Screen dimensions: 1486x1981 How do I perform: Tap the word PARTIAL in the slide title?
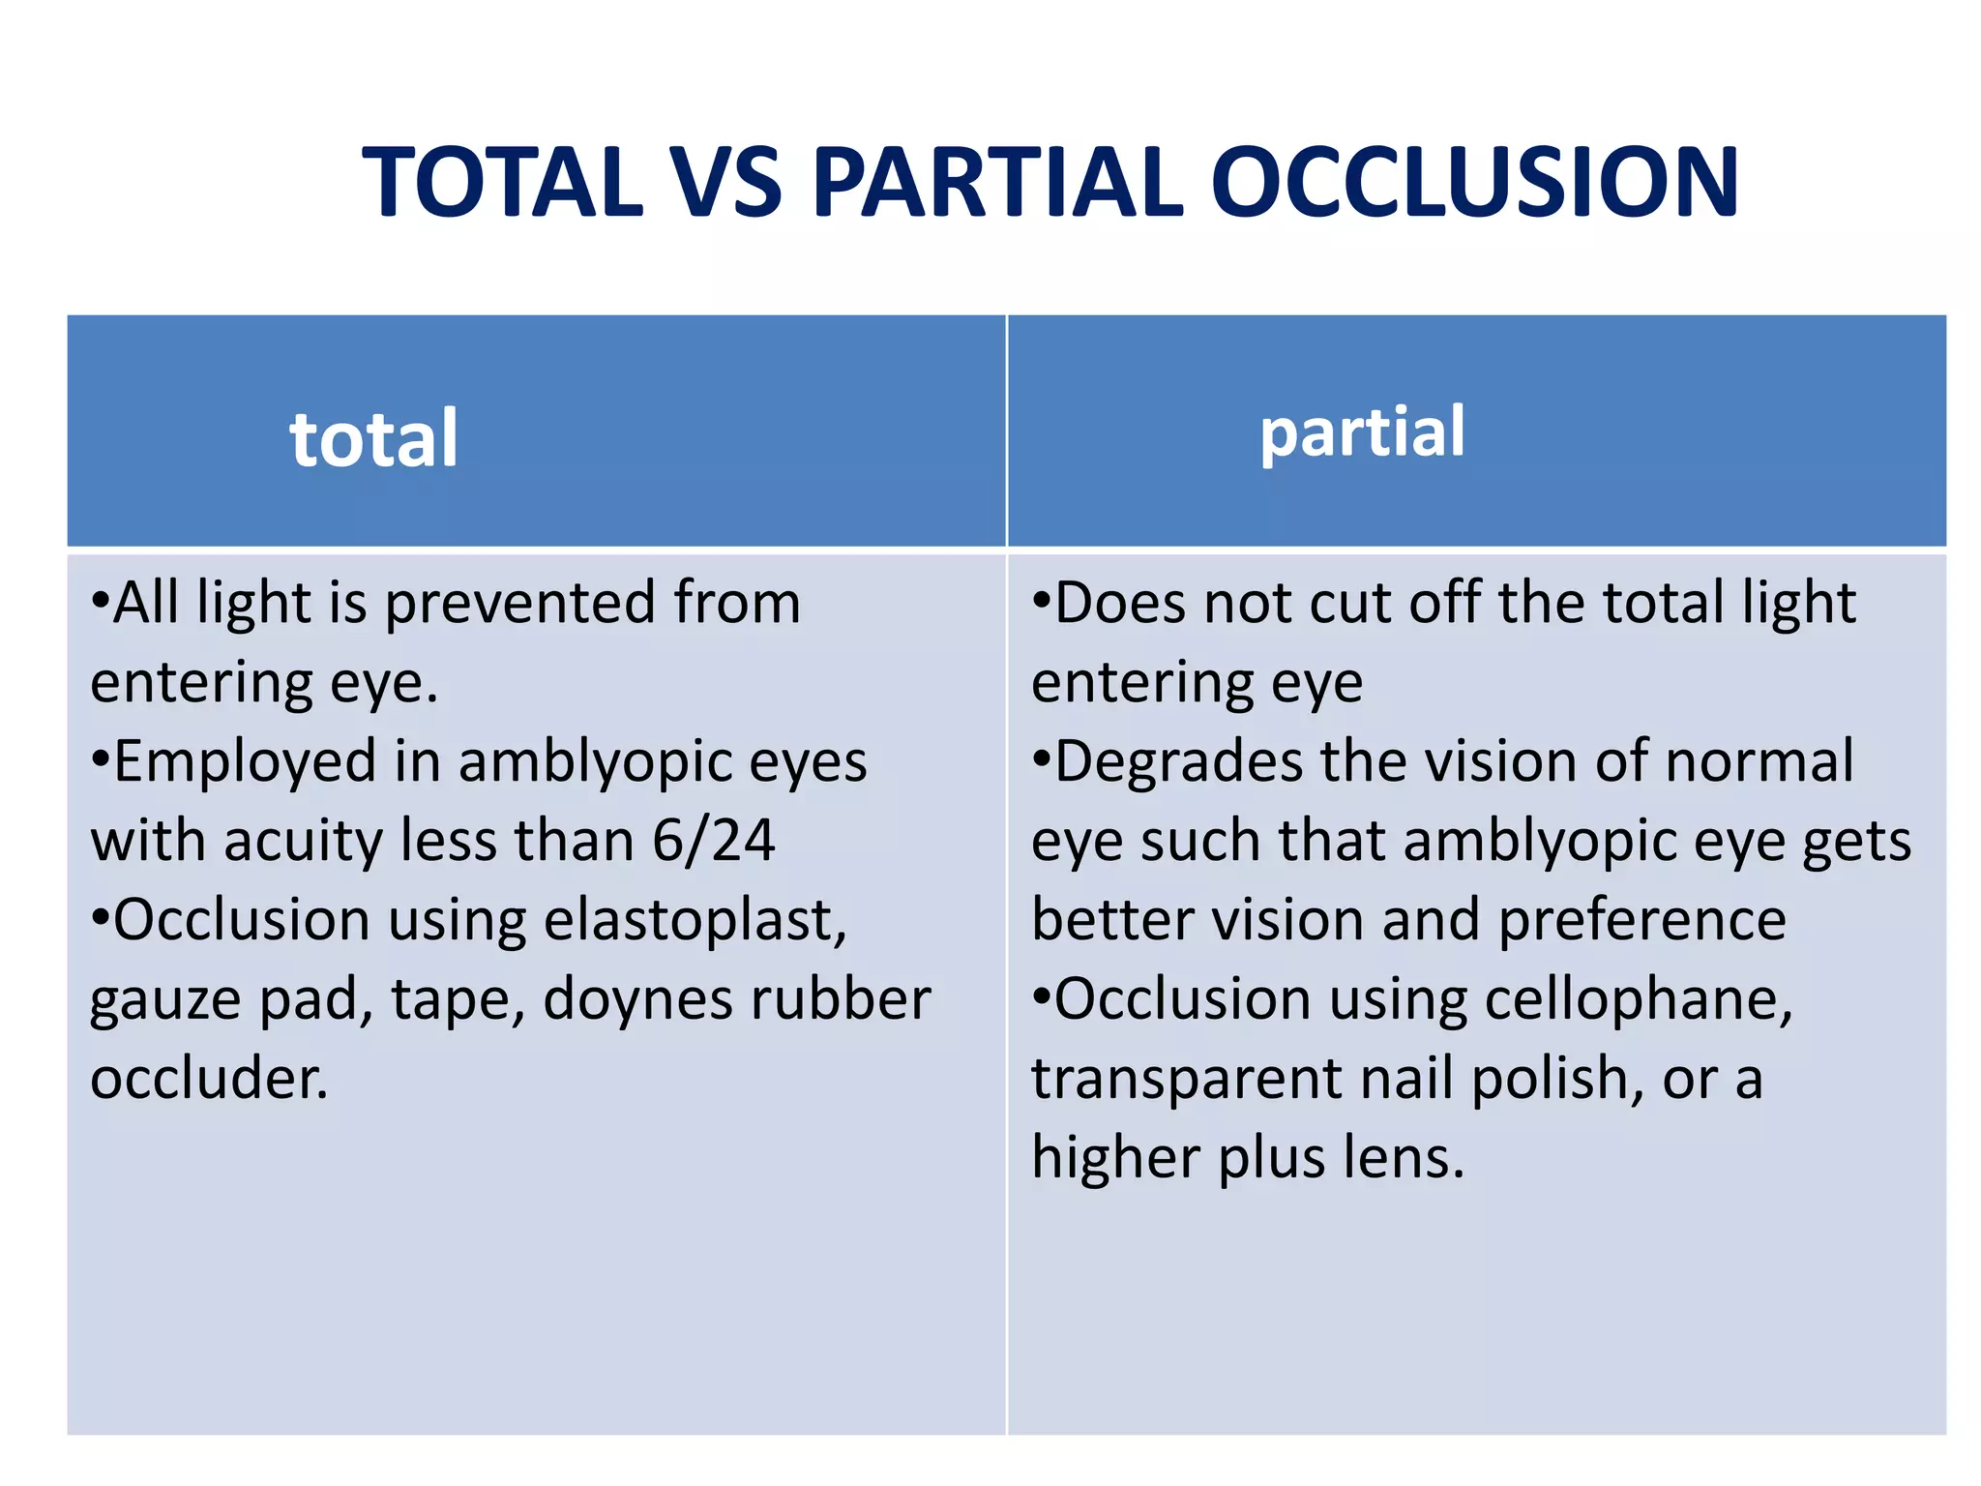click(997, 182)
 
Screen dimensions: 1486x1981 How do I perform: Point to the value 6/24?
click(714, 840)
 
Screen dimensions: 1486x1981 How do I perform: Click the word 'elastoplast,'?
click(695, 919)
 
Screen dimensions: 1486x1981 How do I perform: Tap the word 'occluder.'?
click(210, 1078)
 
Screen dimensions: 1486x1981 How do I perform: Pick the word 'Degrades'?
click(1178, 760)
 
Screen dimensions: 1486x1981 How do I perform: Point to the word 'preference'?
click(1641, 919)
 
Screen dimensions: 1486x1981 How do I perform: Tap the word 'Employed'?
click(245, 762)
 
